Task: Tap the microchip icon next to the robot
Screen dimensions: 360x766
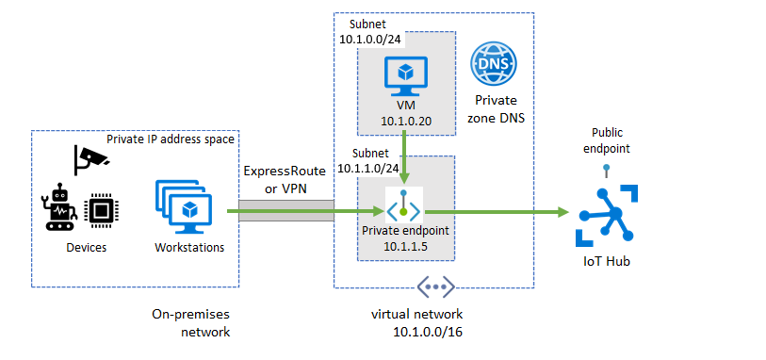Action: click(x=98, y=210)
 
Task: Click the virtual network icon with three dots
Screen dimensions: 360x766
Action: click(x=436, y=286)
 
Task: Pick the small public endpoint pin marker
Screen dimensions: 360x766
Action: click(x=608, y=170)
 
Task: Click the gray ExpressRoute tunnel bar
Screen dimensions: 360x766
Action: click(x=286, y=212)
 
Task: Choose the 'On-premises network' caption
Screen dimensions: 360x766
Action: click(x=190, y=322)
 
